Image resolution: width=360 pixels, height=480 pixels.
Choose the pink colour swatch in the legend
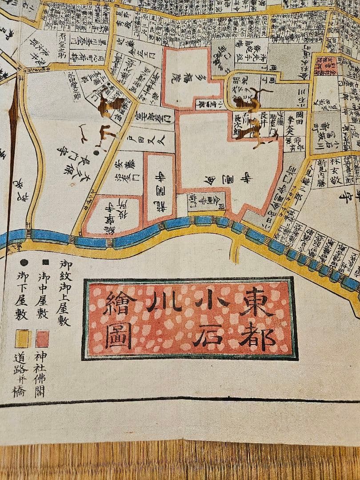(42, 339)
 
